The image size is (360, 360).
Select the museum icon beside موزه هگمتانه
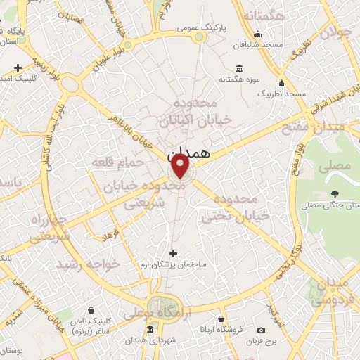240,68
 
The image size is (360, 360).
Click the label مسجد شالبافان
259,44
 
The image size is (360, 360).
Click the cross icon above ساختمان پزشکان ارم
174,253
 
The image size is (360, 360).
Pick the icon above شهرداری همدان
150,329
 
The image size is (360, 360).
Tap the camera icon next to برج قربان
262,330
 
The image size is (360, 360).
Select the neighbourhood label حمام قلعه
117,162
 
